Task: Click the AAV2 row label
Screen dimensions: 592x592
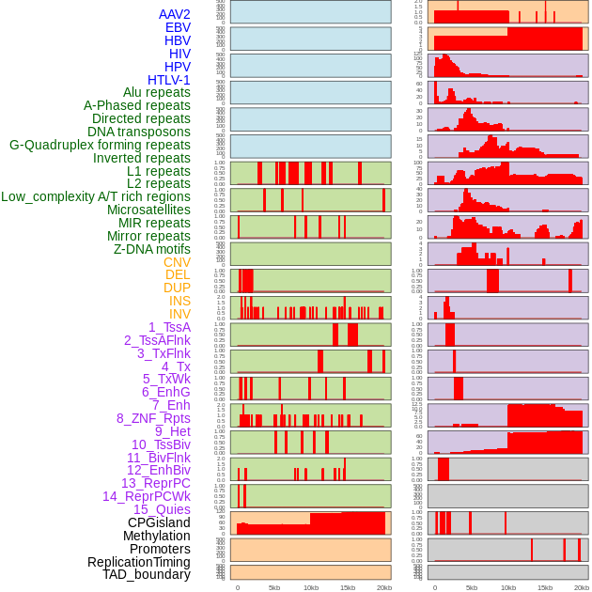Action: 175,14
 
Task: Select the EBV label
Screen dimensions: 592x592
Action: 178,27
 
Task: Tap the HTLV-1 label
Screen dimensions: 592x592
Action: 169,80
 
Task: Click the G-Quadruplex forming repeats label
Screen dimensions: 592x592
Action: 100,145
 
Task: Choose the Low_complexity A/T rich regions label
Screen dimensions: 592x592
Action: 96,196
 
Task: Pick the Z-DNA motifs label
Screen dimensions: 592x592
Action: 152,249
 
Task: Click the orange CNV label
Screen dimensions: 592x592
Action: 177,262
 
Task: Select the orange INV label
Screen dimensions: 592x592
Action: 179,314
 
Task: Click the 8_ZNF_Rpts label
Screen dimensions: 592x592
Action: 153,418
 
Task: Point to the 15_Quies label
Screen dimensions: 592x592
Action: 162,509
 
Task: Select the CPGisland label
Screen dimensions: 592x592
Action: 159,522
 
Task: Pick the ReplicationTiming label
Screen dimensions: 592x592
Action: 139,562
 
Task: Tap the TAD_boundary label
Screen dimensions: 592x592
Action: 147,574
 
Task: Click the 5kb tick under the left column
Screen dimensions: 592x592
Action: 274,587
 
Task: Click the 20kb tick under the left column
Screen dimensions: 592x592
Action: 383,587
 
